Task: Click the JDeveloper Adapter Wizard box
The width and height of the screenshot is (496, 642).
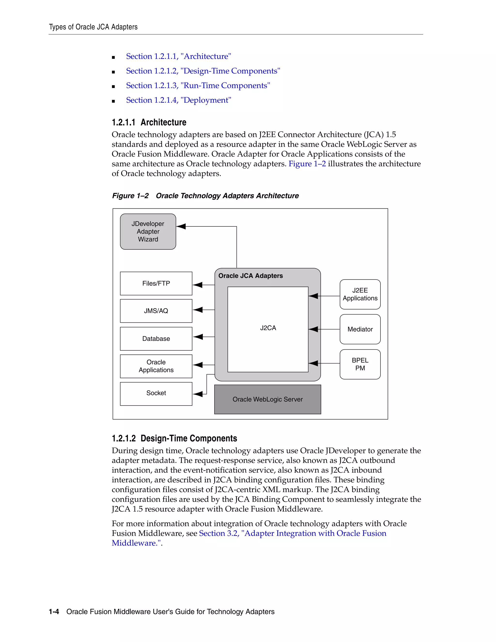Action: [148, 231]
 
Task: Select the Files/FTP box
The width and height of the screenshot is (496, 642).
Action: [156, 283]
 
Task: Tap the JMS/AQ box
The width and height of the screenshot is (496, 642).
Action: [156, 311]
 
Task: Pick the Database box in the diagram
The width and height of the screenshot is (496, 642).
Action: [156, 339]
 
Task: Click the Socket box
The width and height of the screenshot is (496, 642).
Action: [156, 393]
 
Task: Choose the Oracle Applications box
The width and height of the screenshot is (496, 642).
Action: [156, 366]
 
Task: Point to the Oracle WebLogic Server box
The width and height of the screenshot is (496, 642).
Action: [267, 399]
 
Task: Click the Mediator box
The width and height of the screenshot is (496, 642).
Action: [360, 329]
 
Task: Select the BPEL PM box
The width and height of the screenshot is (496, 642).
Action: [360, 364]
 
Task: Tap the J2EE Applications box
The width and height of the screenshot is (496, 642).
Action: [360, 294]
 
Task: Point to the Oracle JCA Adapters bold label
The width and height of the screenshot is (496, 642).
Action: [250, 276]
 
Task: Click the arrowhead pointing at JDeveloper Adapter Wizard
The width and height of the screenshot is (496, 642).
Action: [181, 226]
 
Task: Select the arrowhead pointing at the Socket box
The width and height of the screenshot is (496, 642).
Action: [198, 394]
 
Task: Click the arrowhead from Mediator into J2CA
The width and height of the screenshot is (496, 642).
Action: [313, 329]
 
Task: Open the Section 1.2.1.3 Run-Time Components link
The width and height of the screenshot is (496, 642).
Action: [198, 86]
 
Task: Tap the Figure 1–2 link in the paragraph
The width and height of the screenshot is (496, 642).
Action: [307, 164]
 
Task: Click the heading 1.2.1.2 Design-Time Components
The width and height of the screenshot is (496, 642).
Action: [174, 438]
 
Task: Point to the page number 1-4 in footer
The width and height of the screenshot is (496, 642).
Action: [54, 612]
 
